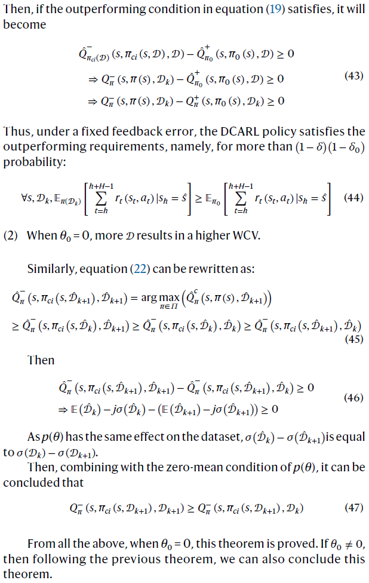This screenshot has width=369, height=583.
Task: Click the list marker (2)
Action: (x=11, y=235)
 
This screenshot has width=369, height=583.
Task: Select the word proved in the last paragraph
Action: (x=277, y=545)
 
